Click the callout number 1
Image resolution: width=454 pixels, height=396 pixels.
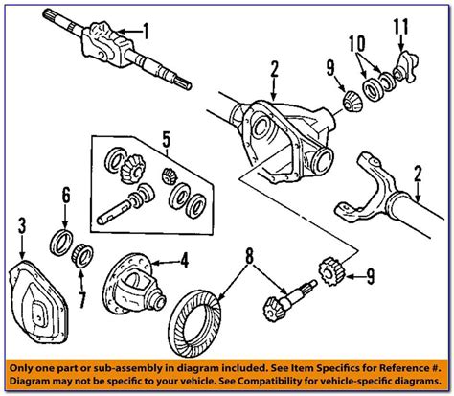[x=146, y=31]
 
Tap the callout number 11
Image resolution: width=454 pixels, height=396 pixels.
[x=400, y=27]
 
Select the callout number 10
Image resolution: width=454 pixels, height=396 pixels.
[x=357, y=44]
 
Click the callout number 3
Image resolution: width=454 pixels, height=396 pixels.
[x=21, y=226]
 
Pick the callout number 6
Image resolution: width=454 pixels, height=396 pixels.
[x=66, y=196]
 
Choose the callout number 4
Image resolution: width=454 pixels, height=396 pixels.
[x=184, y=261]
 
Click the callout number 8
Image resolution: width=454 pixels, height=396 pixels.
[x=249, y=256]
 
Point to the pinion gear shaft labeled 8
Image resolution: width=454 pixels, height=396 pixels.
[x=289, y=300]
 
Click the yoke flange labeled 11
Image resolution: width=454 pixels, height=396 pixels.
[x=405, y=68]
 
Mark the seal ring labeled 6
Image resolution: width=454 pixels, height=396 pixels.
[x=60, y=243]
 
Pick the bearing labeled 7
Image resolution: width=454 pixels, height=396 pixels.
[x=81, y=256]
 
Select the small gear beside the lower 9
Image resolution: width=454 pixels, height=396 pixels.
[x=332, y=271]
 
